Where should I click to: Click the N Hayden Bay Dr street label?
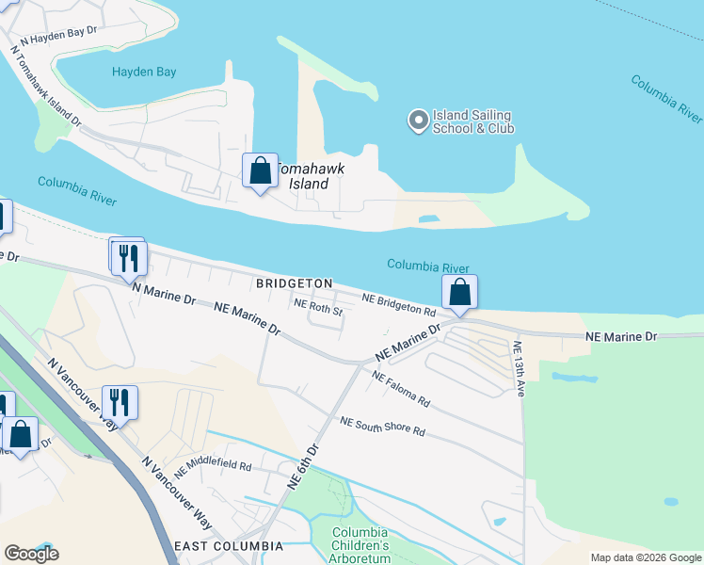(57, 36)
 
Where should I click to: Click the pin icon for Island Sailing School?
(418, 121)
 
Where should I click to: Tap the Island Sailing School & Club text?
(473, 121)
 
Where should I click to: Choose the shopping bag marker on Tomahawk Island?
(260, 171)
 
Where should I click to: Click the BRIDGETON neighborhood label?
(295, 282)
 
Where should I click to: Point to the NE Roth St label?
(317, 305)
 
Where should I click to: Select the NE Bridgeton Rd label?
(399, 303)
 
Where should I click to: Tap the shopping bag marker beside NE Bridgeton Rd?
(459, 293)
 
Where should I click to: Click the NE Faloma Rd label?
(401, 388)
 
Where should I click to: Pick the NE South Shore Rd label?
(383, 427)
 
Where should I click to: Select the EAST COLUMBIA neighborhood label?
(228, 546)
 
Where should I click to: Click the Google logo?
(31, 554)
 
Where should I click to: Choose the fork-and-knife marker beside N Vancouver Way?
(120, 403)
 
